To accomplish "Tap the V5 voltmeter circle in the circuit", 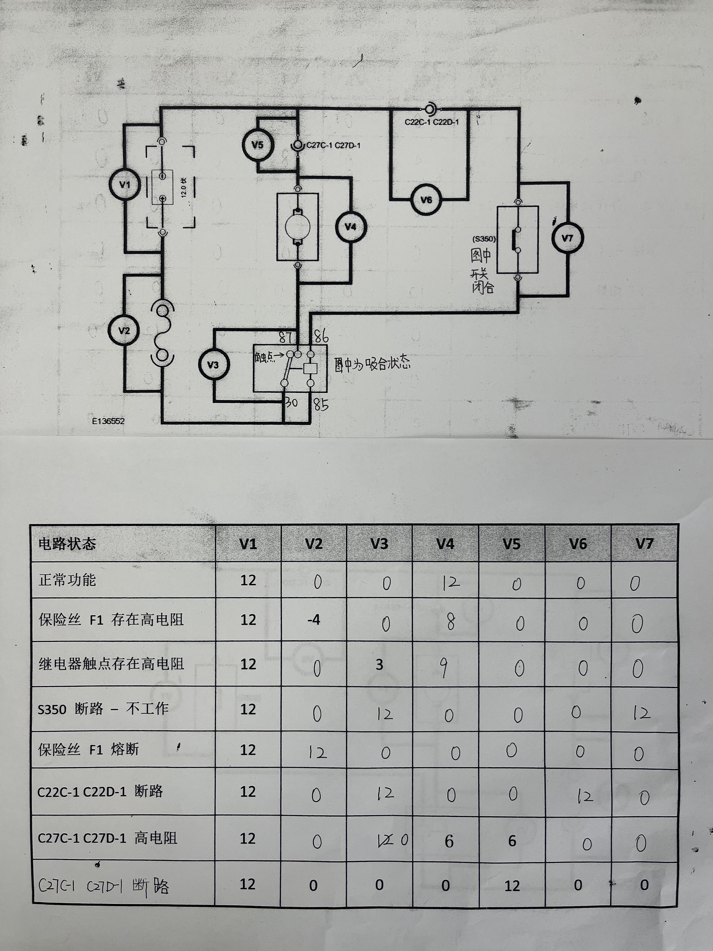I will click(257, 144).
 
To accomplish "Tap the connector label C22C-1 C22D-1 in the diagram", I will click(431, 122).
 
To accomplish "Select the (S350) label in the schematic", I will click(484, 239).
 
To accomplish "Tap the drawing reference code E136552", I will click(108, 421).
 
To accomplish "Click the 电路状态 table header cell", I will click(67, 544).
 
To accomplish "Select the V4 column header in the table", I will click(445, 544).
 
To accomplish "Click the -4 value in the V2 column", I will click(314, 620).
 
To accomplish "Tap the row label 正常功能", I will click(67, 580).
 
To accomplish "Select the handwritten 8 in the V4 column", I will click(450, 622).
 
